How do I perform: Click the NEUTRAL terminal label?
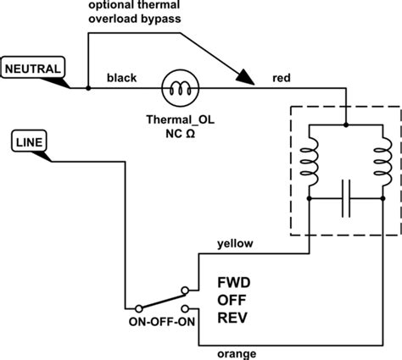31,66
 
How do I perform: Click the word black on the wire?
122,78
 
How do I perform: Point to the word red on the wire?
282,78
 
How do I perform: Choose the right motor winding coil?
379,162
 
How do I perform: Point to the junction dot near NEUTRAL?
88,87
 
